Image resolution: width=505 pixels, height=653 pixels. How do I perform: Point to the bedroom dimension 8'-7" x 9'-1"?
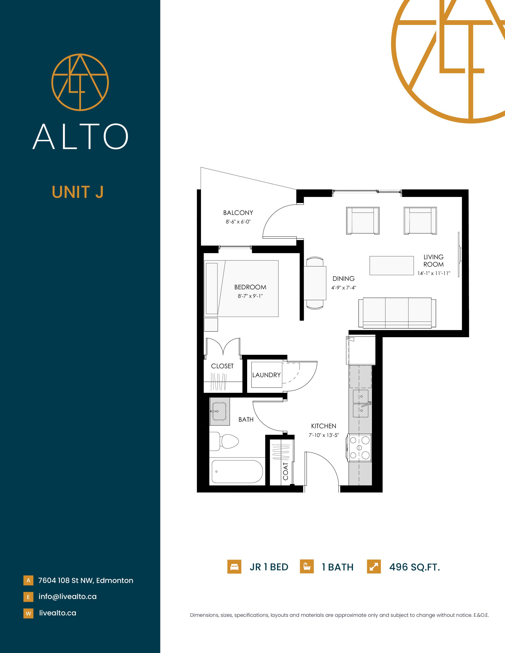click(250, 296)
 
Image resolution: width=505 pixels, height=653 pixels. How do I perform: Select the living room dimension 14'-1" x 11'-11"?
click(434, 273)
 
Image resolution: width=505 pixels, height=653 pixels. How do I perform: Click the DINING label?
click(343, 278)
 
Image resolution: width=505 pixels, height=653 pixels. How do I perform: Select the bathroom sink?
click(219, 411)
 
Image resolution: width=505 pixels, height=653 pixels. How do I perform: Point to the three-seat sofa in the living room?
click(397, 313)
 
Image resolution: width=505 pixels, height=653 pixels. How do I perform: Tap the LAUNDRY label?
click(266, 375)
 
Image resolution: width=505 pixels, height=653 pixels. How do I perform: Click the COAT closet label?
click(286, 471)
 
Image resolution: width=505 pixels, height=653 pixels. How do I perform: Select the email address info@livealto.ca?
click(68, 596)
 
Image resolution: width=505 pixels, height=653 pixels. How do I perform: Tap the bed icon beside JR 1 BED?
click(234, 567)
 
